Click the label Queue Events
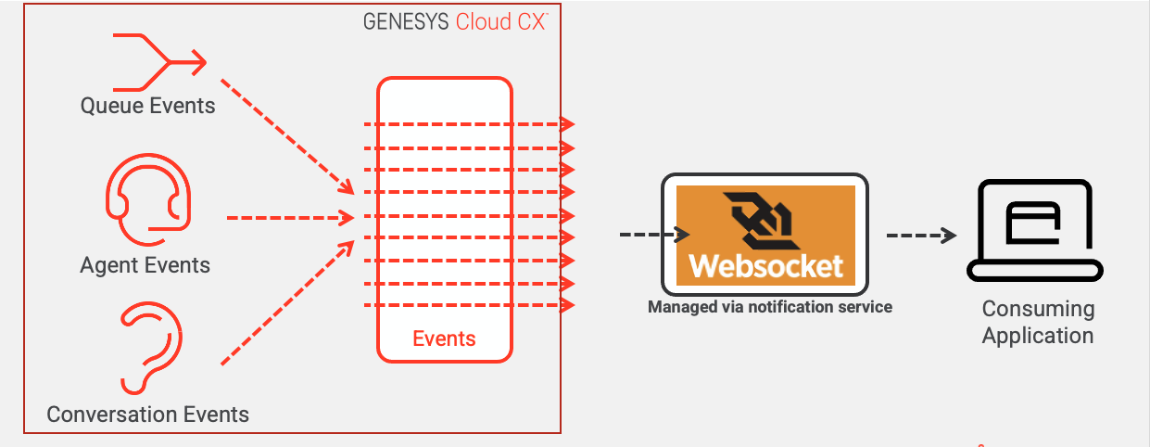(148, 106)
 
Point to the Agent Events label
(145, 265)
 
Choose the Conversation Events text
(148, 414)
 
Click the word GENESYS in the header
(406, 22)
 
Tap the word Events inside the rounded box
(444, 338)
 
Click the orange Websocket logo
(765, 235)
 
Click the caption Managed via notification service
(769, 307)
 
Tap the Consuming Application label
(1038, 322)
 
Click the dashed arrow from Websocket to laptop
(921, 236)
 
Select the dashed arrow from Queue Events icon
(286, 135)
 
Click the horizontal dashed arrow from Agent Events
(290, 219)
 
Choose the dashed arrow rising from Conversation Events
(287, 302)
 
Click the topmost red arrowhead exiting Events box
(566, 123)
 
